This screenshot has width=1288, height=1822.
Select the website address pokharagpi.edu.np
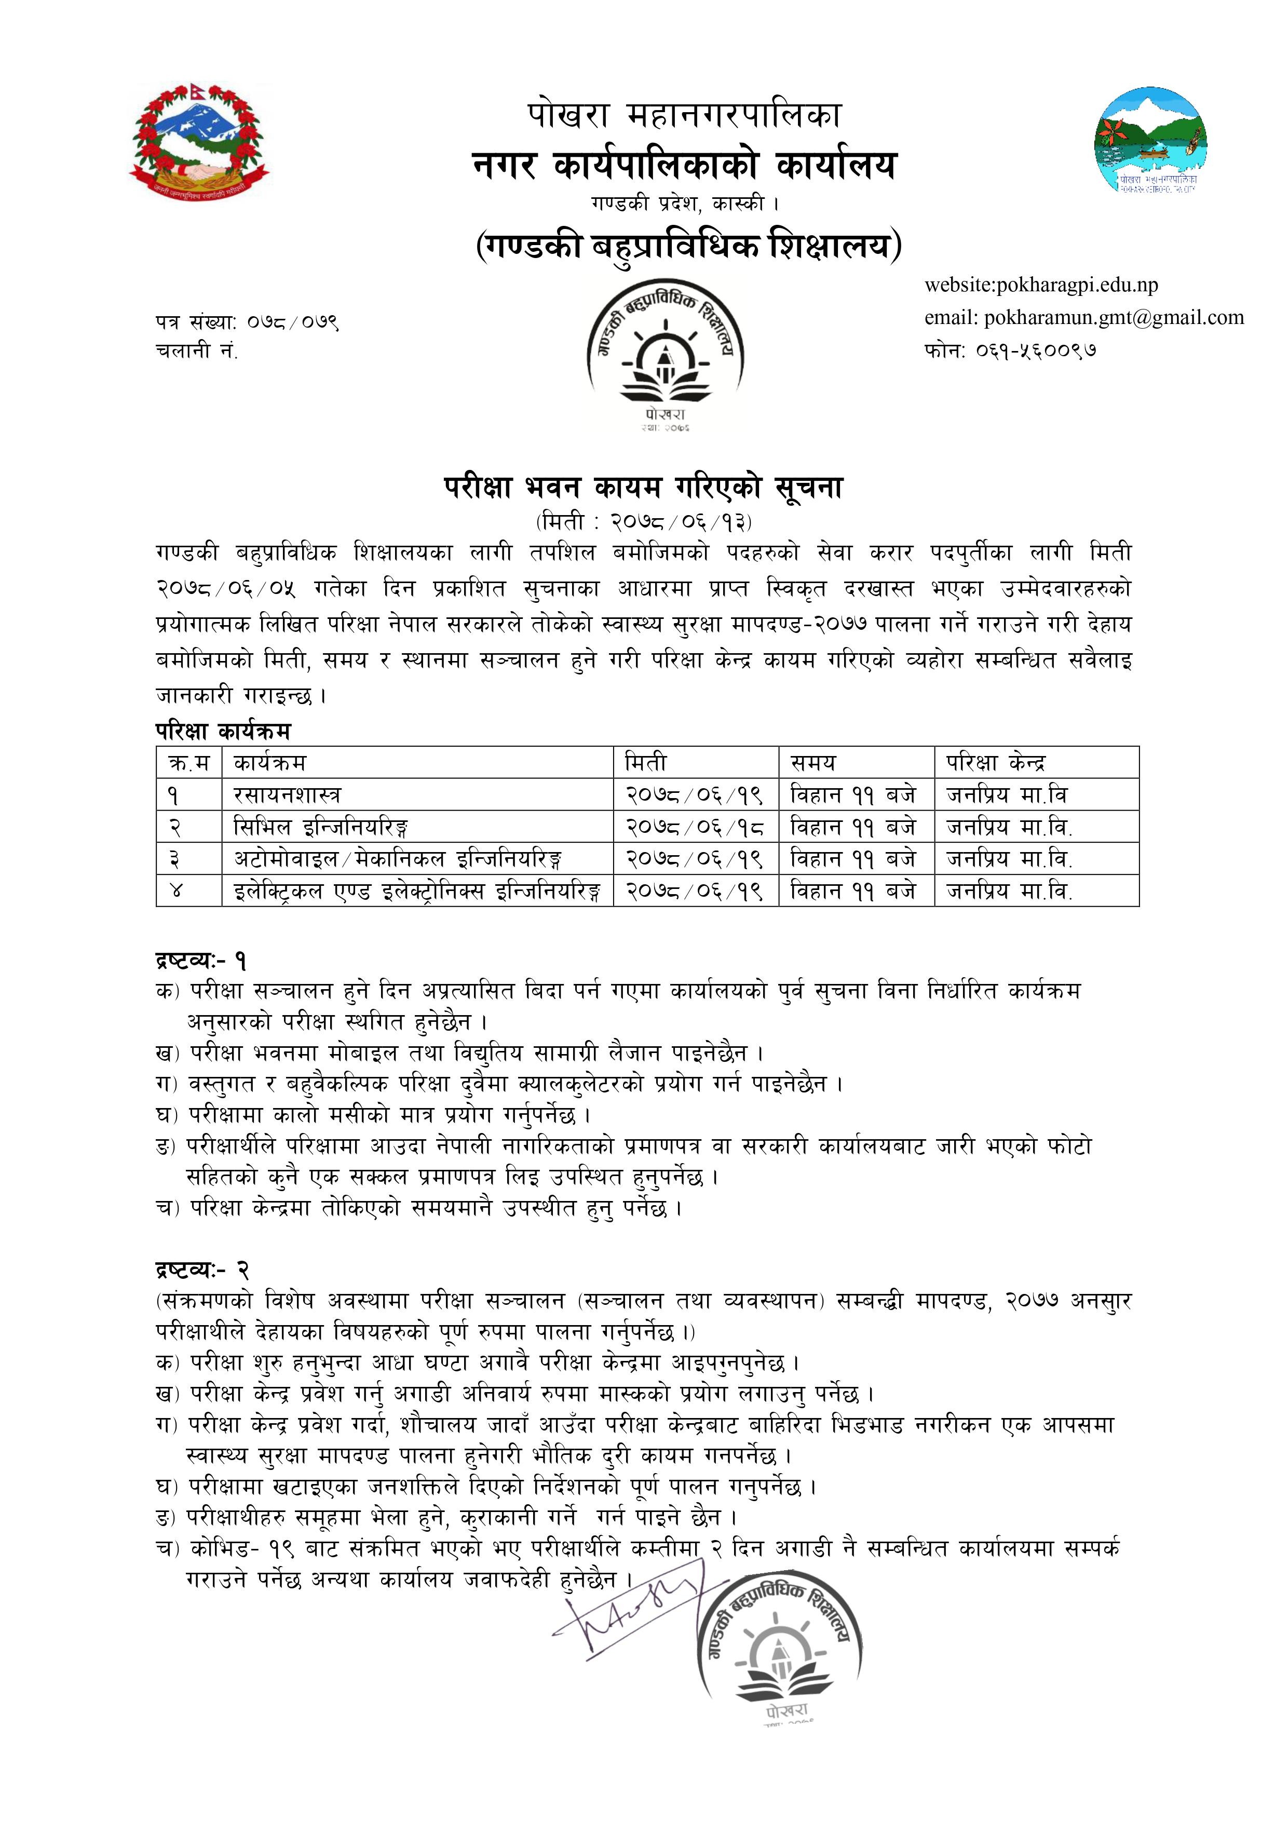[1041, 285]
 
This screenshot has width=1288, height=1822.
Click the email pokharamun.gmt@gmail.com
[1083, 317]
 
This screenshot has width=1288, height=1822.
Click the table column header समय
[814, 763]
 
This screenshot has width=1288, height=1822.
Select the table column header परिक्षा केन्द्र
[996, 763]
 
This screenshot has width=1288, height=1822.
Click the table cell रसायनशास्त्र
[287, 794]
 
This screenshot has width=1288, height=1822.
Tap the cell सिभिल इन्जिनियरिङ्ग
[321, 827]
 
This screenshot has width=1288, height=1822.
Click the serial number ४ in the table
[176, 891]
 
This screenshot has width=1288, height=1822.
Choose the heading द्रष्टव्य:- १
[201, 961]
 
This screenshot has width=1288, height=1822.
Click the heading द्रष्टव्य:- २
[203, 1271]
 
